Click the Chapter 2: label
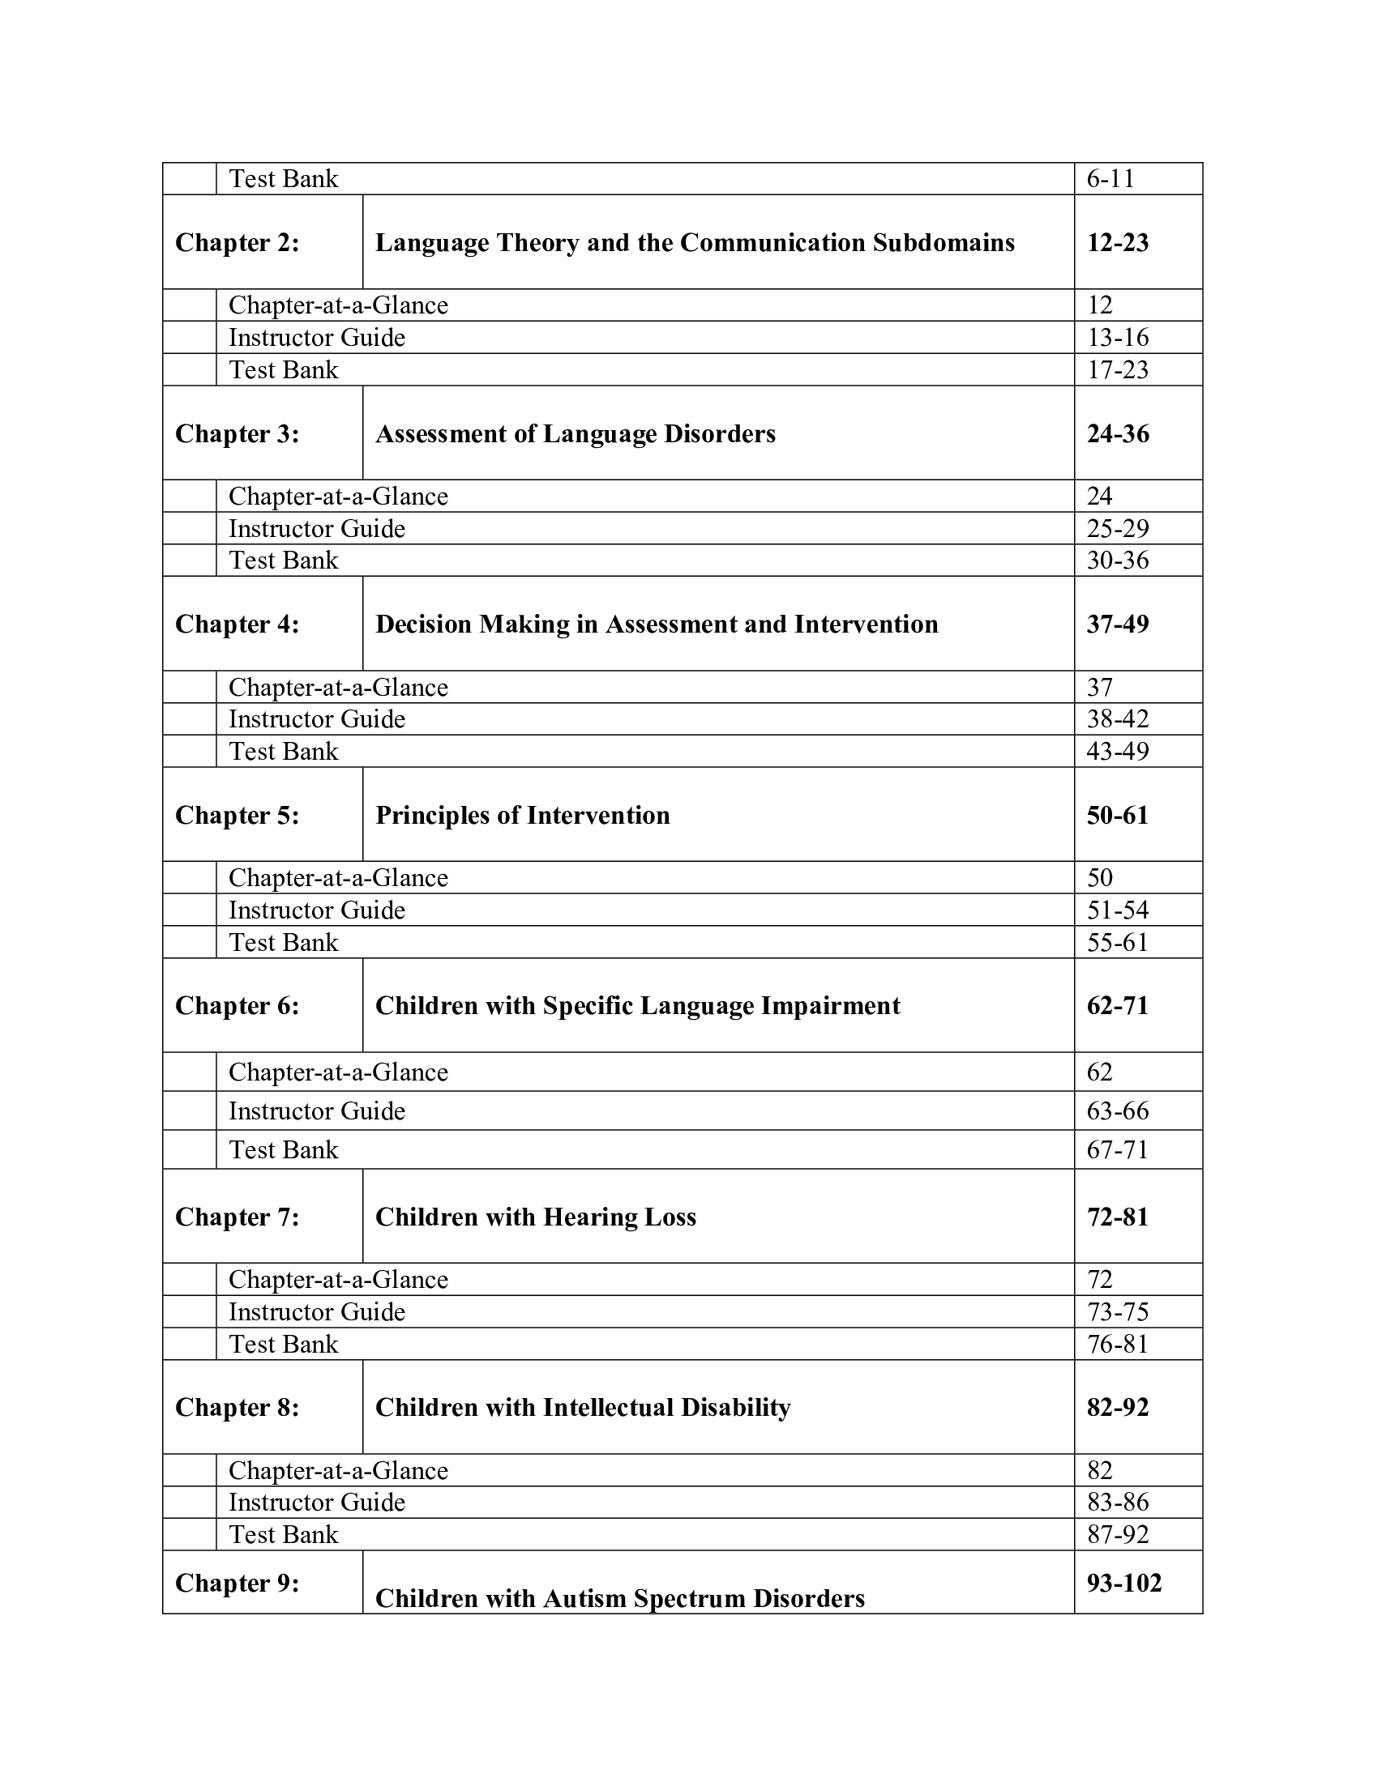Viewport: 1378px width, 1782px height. [237, 243]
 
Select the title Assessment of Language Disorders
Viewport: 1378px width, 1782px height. [575, 434]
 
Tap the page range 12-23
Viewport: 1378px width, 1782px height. [1117, 243]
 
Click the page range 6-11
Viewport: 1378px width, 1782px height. [1111, 179]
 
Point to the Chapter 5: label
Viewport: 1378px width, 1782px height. [237, 815]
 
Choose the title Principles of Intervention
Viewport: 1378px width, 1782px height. [523, 815]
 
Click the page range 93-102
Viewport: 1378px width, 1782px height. [1123, 1584]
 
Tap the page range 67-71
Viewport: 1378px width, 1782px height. [1117, 1149]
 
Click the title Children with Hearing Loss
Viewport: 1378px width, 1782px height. [536, 1217]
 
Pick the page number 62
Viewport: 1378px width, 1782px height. [1099, 1072]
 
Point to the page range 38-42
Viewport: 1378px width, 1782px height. [1117, 718]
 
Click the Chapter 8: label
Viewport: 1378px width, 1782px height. [237, 1408]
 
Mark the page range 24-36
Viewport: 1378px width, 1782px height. [1117, 434]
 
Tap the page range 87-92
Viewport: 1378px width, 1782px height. [1117, 1535]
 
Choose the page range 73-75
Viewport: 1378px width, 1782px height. [1117, 1312]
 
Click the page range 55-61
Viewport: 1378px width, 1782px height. [1117, 942]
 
